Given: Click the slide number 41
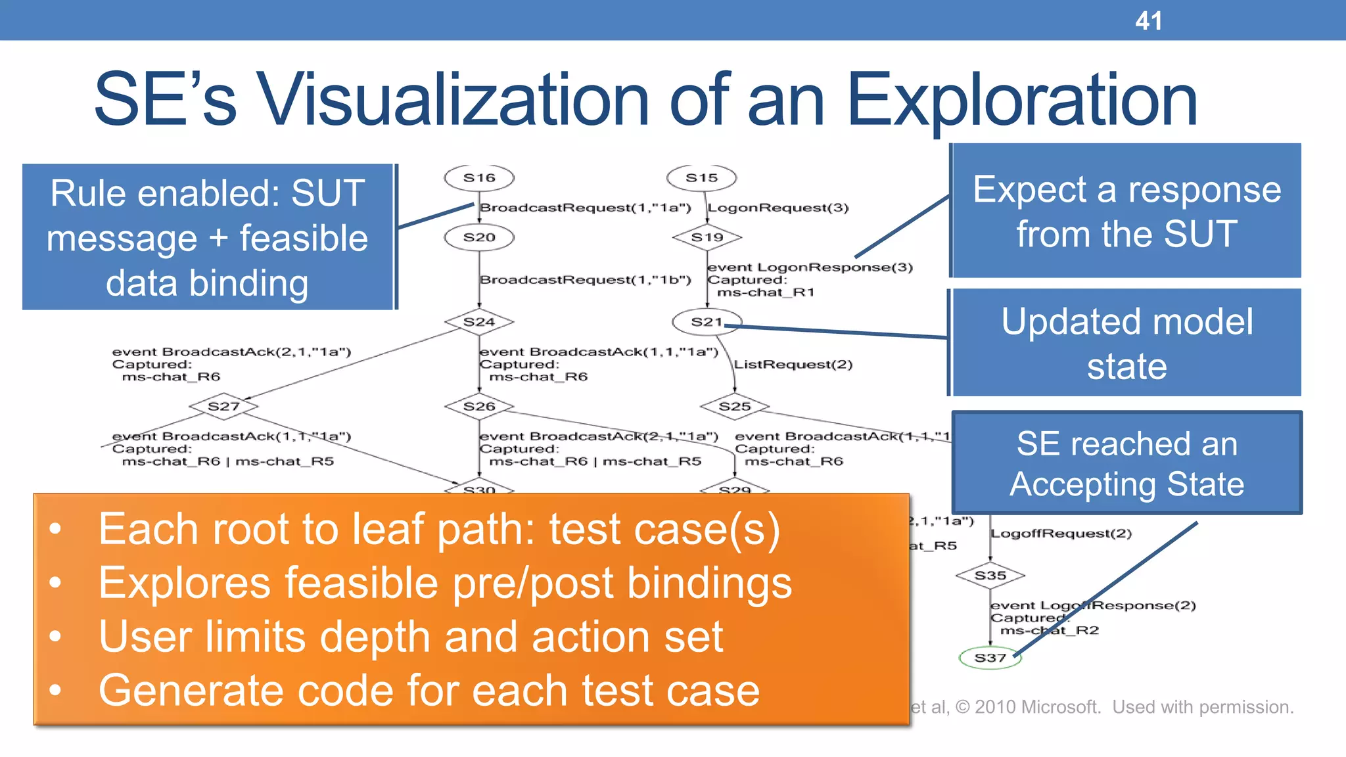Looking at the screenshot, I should click(x=1148, y=21).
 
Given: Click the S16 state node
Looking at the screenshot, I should click(x=479, y=177).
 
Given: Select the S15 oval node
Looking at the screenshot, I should click(x=701, y=177).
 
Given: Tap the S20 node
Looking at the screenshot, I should click(x=479, y=237).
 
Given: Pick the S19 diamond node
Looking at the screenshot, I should click(x=707, y=237).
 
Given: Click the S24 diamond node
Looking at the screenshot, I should click(x=479, y=322).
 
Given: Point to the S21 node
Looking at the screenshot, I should click(x=707, y=322).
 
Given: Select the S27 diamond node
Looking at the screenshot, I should click(x=223, y=406).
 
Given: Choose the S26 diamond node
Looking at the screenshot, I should click(x=479, y=406).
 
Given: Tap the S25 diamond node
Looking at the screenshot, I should click(x=734, y=406).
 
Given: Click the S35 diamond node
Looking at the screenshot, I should click(x=990, y=576).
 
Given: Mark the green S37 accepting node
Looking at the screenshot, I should click(x=990, y=658).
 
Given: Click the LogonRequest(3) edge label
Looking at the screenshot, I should click(x=778, y=208).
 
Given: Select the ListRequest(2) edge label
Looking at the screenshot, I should click(x=793, y=364).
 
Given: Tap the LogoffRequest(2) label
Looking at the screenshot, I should click(x=1061, y=533).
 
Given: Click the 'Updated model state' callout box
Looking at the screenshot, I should click(x=1126, y=343).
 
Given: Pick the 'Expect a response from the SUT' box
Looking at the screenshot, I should click(x=1126, y=211).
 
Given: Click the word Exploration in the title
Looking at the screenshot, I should click(x=1022, y=101).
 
